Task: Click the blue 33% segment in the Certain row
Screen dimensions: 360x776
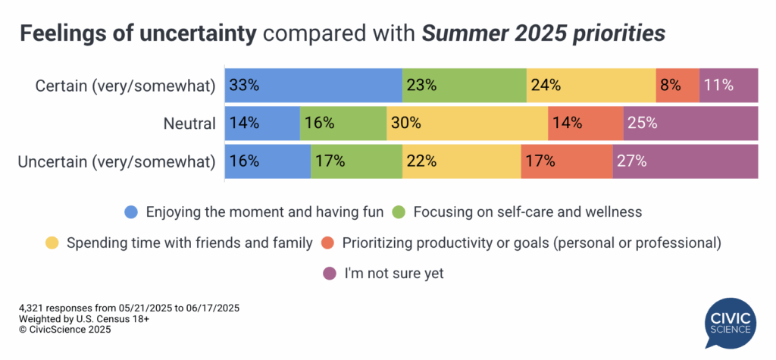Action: point(313,85)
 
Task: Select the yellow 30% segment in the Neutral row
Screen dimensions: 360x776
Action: point(467,123)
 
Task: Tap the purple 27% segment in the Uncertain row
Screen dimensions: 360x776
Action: point(685,161)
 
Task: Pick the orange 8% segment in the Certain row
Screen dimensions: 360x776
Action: point(677,85)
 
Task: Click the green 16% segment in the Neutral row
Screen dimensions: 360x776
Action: point(343,123)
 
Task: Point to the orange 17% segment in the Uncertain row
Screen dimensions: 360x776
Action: point(567,161)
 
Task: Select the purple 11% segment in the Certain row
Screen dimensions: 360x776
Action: point(728,85)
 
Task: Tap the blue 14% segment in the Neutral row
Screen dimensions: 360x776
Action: point(262,123)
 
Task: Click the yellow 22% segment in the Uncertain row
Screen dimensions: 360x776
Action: point(462,161)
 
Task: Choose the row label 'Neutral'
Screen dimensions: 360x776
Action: point(189,123)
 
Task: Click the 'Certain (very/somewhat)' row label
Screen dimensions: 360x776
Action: point(126,86)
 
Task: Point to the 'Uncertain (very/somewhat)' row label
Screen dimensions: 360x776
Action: point(118,161)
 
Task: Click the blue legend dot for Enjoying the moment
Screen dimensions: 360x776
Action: point(132,212)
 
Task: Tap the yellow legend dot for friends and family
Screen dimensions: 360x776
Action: point(52,243)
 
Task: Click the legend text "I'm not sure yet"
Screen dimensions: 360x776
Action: point(394,274)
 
